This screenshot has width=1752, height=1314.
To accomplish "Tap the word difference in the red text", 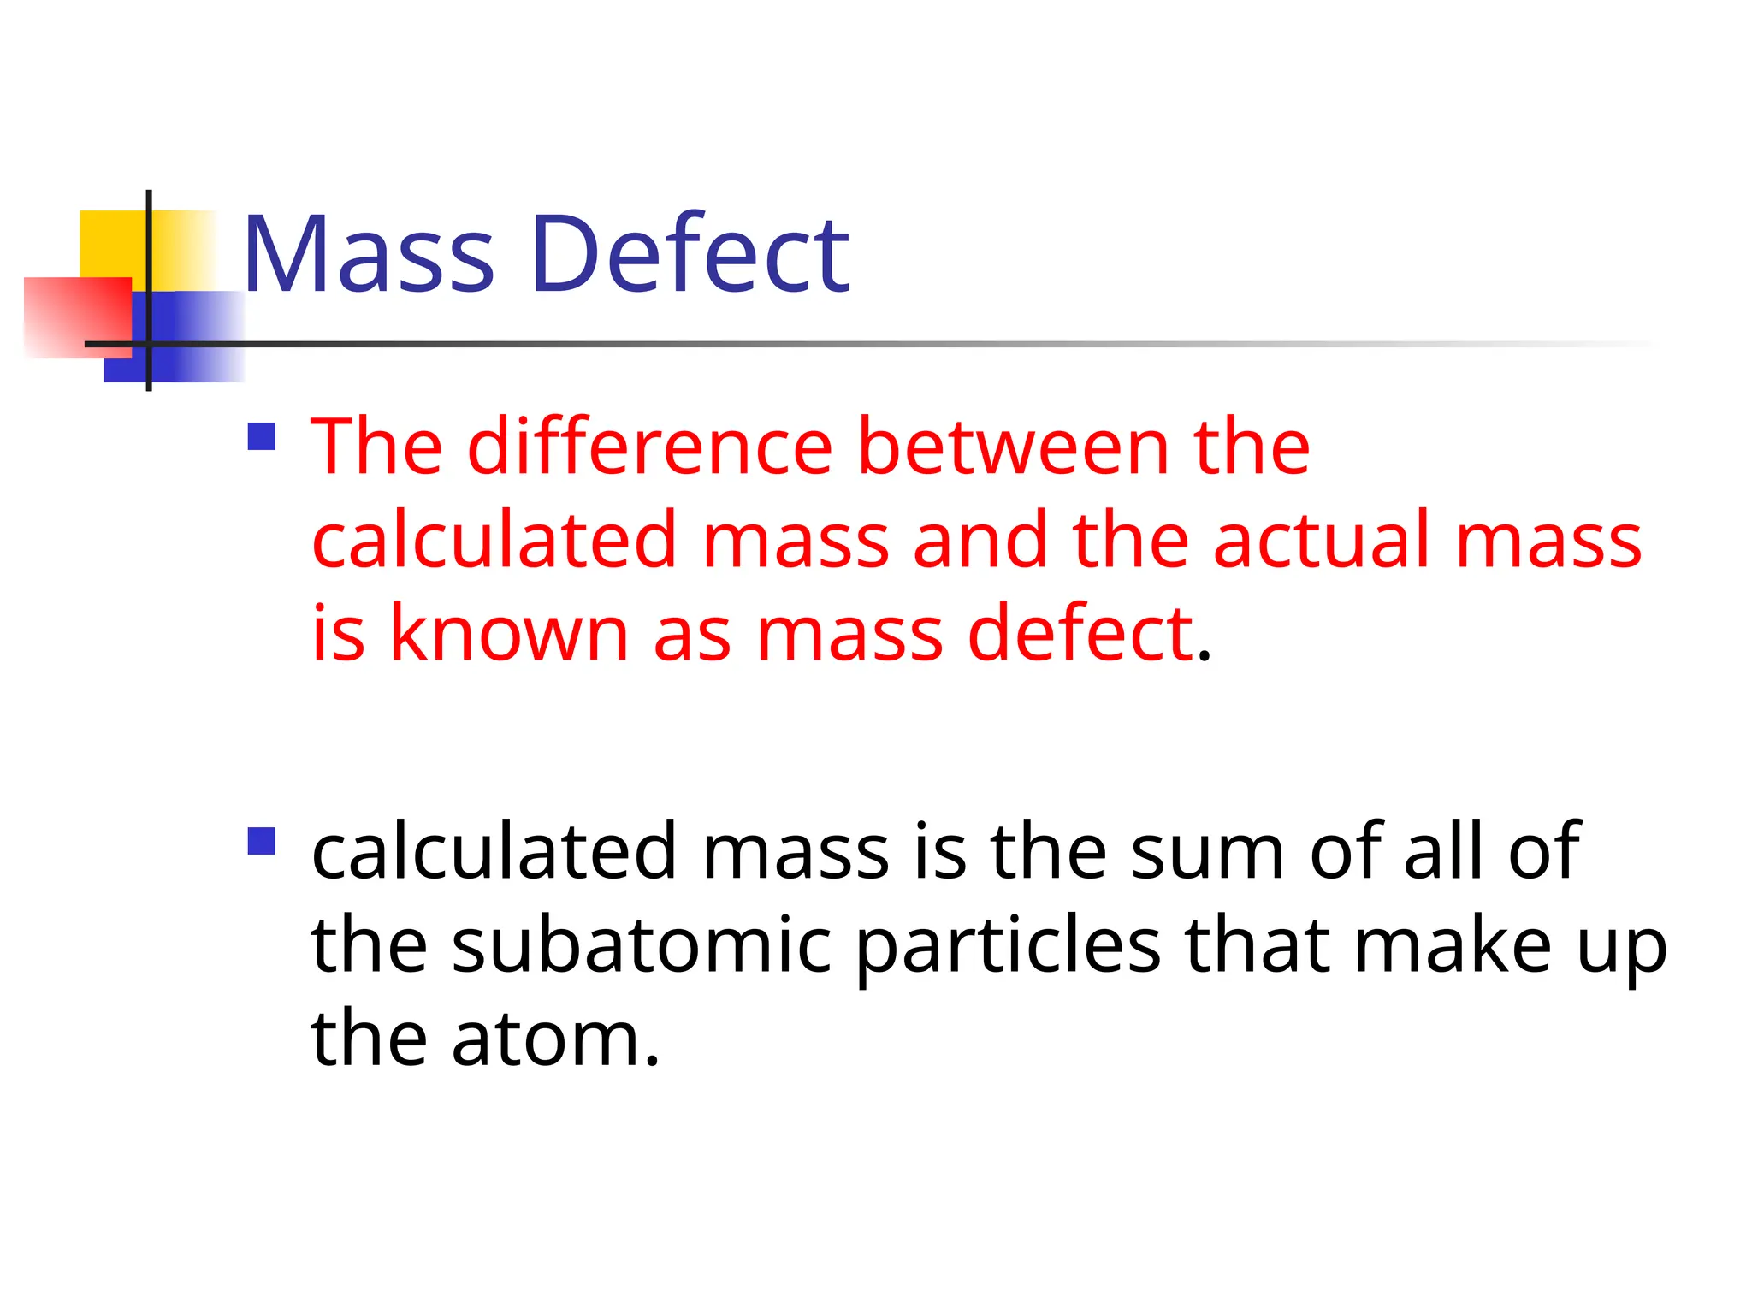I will (649, 446).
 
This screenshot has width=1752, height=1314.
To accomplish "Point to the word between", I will (1013, 446).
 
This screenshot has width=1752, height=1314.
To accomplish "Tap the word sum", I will (1207, 853).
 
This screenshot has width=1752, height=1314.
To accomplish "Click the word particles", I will (1009, 947).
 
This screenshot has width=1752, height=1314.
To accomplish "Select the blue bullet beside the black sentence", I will (262, 841).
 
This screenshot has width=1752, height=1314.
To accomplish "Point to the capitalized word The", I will (376, 446).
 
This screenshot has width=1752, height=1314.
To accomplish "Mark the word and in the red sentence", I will (980, 540).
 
